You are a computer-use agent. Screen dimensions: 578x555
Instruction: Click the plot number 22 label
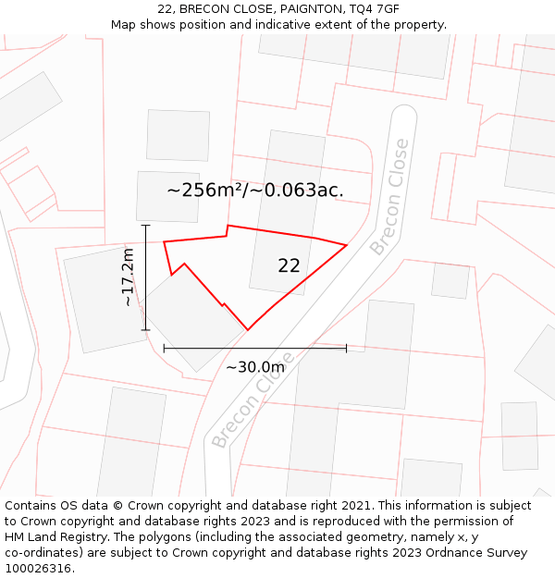coord(289,266)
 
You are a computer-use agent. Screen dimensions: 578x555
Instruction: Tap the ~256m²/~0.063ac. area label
coord(255,191)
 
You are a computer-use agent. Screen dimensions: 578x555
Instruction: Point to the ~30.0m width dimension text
coord(255,367)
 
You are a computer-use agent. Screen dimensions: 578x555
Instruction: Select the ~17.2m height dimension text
coord(129,277)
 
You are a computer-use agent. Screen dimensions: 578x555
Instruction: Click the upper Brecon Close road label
coord(389,197)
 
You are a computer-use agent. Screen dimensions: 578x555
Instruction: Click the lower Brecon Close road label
coord(253,400)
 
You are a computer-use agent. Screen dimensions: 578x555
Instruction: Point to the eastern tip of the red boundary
coord(346,245)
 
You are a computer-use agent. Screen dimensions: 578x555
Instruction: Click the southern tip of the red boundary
coord(247,329)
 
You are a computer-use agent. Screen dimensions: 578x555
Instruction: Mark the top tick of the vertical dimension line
coord(145,225)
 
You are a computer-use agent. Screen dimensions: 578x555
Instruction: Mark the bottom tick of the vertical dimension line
coord(145,330)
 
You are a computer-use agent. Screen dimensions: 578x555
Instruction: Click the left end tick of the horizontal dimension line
coord(164,348)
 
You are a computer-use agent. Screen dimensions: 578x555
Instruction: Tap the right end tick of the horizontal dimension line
coord(346,348)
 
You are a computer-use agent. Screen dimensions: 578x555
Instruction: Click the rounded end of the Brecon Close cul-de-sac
coord(403,115)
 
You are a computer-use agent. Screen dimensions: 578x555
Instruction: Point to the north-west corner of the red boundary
coord(165,242)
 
